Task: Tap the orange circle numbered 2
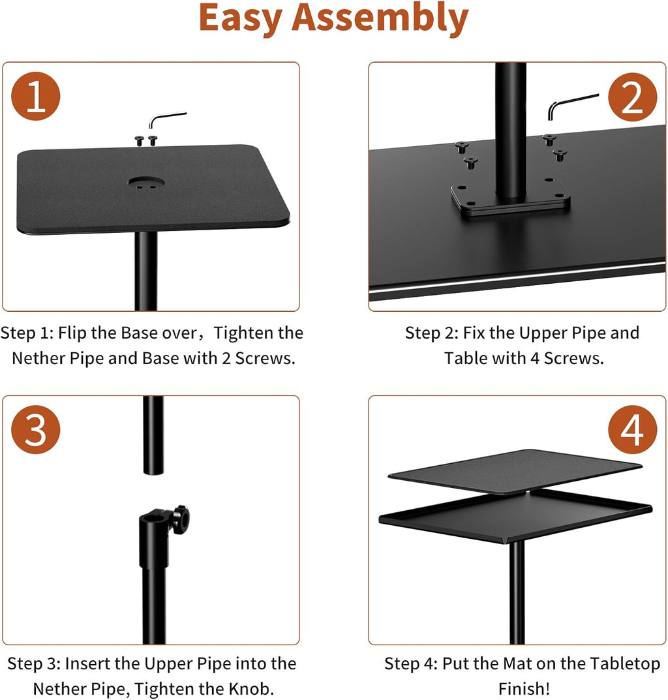(x=631, y=99)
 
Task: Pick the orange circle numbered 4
(x=631, y=431)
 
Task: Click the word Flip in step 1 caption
(x=72, y=333)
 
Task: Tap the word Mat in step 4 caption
(x=518, y=663)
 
